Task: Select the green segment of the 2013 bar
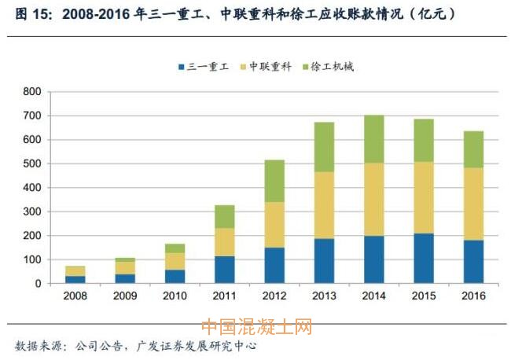pos(324,146)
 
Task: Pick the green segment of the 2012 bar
pos(274,181)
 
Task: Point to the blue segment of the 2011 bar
pos(225,270)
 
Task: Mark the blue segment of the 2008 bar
pos(75,279)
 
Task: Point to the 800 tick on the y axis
pos(32,92)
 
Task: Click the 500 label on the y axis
pos(32,164)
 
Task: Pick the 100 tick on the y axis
pos(32,260)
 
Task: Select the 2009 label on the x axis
pos(125,296)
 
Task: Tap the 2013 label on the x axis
pos(324,296)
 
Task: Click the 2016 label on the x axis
pos(473,296)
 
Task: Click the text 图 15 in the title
pos(27,13)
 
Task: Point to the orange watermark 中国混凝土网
pos(256,326)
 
